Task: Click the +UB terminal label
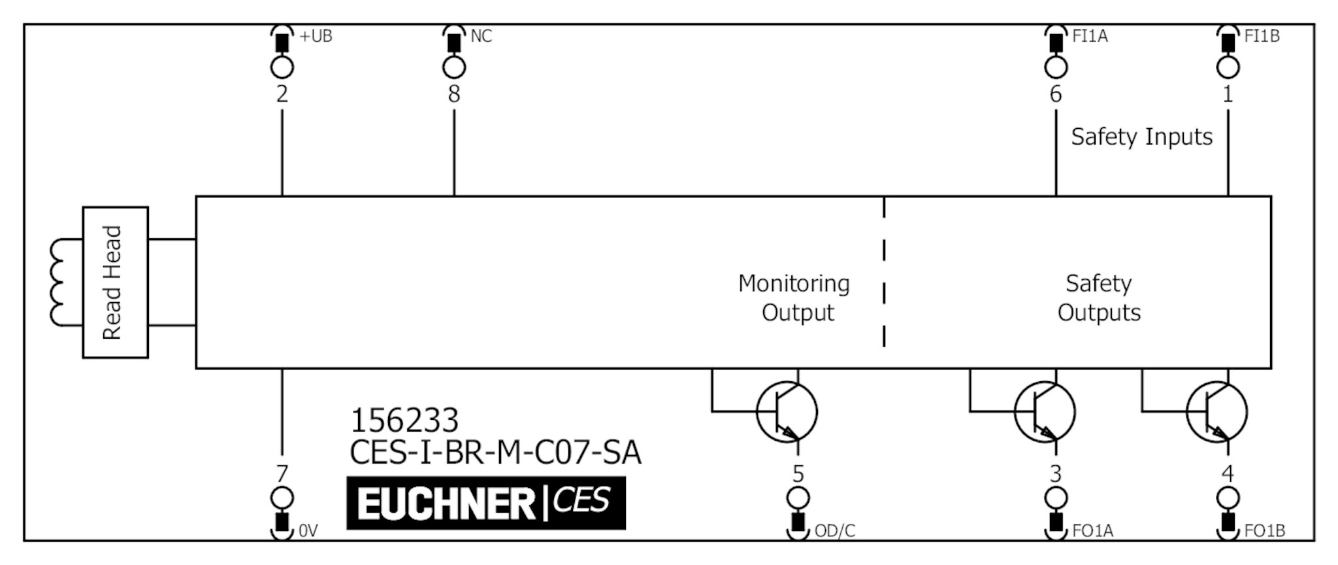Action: tap(316, 37)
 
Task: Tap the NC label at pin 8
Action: tap(481, 37)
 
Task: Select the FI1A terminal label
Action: tap(1090, 37)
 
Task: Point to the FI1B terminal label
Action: tap(1262, 37)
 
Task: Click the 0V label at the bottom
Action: tap(308, 531)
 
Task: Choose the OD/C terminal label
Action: tap(834, 531)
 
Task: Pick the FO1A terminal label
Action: tap(1092, 531)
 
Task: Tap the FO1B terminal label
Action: tap(1264, 531)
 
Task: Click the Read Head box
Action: tap(115, 282)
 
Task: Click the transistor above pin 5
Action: tap(787, 412)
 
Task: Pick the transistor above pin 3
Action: tap(1044, 412)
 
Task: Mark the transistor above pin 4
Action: tap(1216, 412)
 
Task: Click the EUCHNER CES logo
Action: tap(485, 503)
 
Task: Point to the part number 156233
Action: tap(404, 420)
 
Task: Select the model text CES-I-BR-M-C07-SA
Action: tap(495, 453)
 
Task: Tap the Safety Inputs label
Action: tap(1141, 137)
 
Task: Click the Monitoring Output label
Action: tap(794, 298)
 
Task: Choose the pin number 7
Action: tap(282, 473)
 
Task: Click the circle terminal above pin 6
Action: tap(1056, 67)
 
